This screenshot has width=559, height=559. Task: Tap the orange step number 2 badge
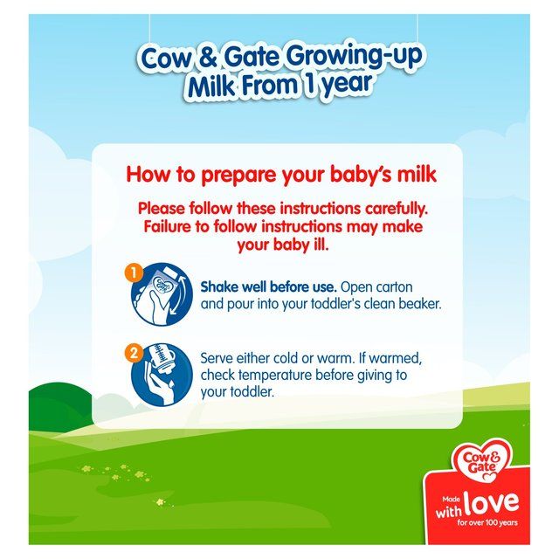(134, 354)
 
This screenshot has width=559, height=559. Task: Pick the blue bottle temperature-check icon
(162, 373)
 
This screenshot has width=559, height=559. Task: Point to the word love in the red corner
(491, 502)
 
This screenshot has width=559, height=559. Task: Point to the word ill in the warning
(329, 245)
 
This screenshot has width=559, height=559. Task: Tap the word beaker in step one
(420, 305)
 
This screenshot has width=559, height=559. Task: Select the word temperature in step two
(289, 375)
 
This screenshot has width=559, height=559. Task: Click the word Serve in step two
(218, 357)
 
